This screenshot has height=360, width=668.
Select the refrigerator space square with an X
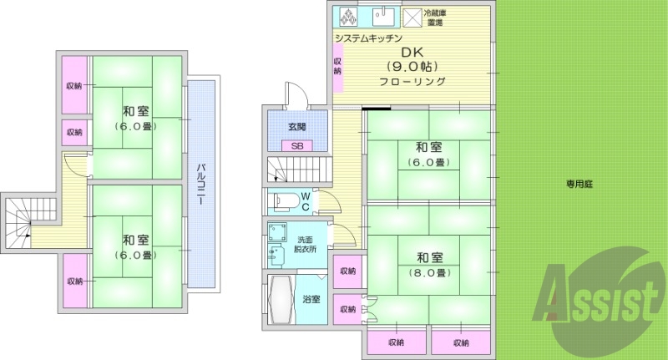coord(412,18)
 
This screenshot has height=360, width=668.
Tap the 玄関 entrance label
coord(297,127)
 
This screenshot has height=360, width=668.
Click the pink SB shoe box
coord(297,145)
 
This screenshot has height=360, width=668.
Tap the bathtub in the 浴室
coord(281,300)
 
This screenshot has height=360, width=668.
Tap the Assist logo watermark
coord(596,294)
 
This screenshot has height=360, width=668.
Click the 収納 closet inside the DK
coord(338,65)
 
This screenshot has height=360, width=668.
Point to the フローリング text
coord(412,82)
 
